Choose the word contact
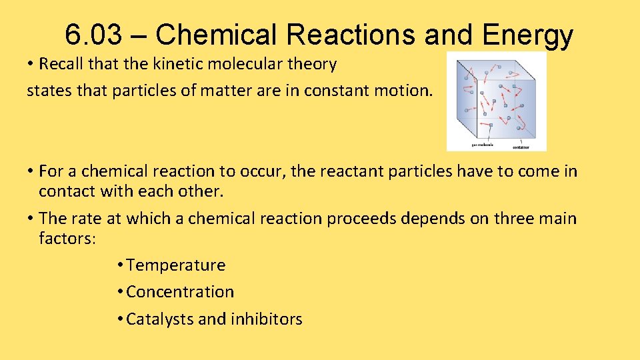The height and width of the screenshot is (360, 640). tap(67, 191)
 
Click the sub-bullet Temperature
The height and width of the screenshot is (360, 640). tap(176, 265)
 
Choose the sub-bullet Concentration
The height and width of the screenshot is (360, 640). tap(180, 292)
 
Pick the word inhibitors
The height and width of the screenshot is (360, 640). tap(267, 319)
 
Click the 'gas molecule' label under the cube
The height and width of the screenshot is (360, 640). tap(483, 145)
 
